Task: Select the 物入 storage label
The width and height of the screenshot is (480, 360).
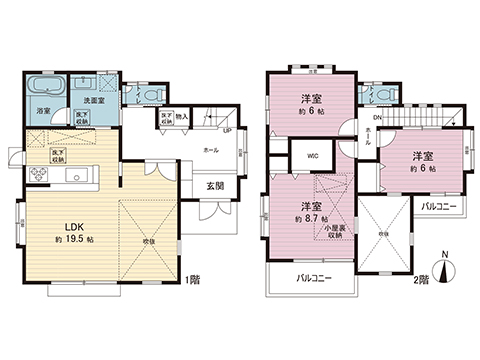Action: click(x=181, y=116)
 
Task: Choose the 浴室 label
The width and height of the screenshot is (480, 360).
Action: click(x=44, y=110)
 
